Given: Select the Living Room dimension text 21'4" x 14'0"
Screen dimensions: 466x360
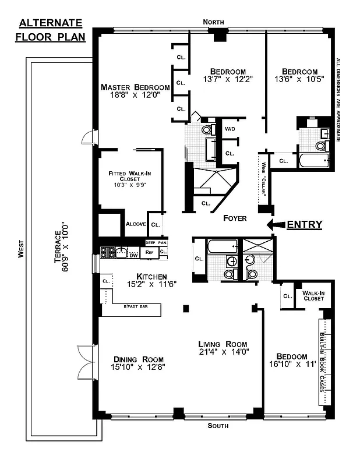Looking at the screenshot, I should click(223, 352).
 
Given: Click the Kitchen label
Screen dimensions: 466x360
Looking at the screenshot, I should click(152, 276).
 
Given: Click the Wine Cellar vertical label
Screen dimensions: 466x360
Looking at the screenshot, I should click(263, 181).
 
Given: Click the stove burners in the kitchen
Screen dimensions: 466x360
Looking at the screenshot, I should click(107, 252).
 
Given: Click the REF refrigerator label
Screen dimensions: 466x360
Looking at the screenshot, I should click(149, 252).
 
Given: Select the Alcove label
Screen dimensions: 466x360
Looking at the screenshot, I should click(135, 224).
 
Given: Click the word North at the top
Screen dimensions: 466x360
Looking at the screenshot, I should click(213, 22).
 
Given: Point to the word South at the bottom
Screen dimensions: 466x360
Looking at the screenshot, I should click(218, 426).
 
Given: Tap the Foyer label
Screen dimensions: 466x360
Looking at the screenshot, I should click(235, 218).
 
